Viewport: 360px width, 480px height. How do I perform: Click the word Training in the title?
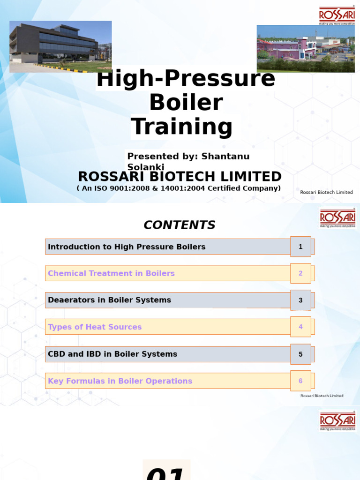[182, 127]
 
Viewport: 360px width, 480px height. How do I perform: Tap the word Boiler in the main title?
[186, 103]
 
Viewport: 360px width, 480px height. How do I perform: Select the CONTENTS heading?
[180, 225]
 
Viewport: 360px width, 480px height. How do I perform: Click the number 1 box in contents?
[300, 247]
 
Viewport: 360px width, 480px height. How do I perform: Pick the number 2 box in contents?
[300, 273]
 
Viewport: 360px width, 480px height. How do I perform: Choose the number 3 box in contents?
[300, 300]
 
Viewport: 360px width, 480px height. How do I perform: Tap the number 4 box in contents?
[300, 327]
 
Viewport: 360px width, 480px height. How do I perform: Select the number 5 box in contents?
[300, 354]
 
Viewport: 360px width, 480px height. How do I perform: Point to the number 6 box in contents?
[300, 381]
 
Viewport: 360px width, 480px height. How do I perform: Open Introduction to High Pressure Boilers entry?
[127, 247]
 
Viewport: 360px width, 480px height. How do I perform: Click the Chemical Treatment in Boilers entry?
[111, 273]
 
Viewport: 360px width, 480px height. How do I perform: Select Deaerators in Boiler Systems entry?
[109, 300]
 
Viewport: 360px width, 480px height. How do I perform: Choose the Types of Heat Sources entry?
[95, 327]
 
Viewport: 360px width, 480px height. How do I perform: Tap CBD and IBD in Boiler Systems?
[112, 354]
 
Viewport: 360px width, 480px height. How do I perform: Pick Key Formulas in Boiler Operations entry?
[120, 381]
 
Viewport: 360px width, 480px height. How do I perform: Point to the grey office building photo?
[60, 46]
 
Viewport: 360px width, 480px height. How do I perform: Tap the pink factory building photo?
[305, 49]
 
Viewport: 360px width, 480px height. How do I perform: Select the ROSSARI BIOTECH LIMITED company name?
[180, 177]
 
